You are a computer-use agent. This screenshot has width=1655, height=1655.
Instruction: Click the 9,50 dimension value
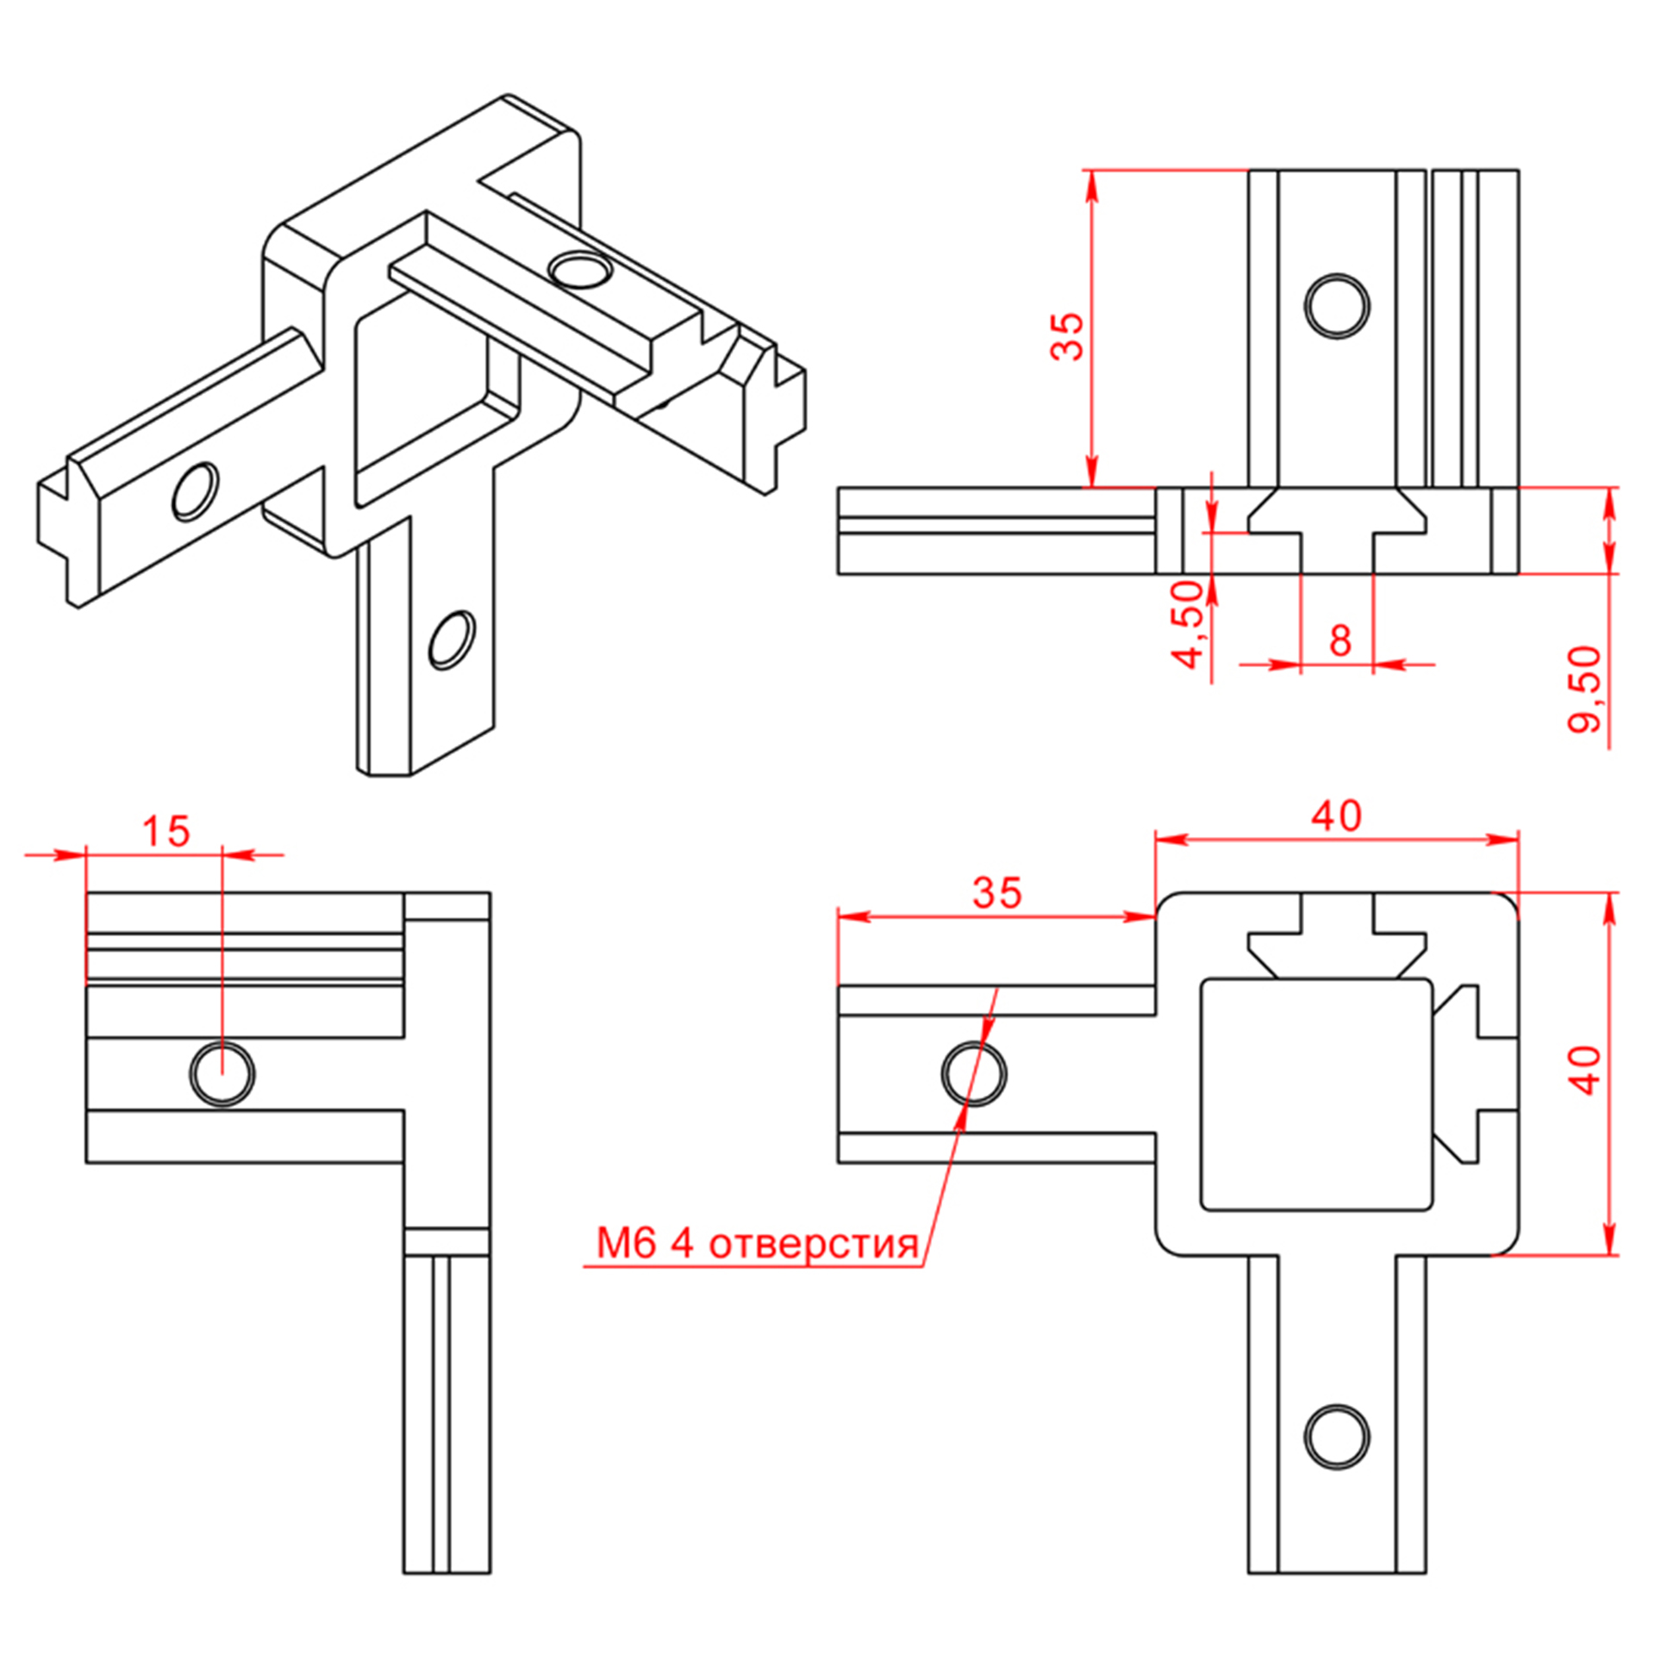(x=1583, y=689)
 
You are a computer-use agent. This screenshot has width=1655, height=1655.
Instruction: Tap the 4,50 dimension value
(x=1190, y=624)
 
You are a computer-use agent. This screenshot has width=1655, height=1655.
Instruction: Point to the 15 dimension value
(x=165, y=832)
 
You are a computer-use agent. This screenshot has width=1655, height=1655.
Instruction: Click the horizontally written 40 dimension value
(x=1336, y=816)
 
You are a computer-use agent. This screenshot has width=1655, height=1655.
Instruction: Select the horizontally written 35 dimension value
(x=996, y=894)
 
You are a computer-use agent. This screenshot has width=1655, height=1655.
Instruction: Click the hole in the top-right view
(x=1336, y=306)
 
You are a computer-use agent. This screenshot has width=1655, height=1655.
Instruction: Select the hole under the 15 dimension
(x=222, y=1074)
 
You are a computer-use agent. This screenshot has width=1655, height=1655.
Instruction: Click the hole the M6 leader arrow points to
(x=974, y=1074)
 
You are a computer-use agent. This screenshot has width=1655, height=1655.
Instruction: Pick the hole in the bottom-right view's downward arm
(x=1336, y=1437)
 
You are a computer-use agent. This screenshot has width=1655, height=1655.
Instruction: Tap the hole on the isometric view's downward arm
(x=452, y=640)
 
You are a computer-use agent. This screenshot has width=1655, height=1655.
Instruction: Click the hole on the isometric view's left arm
(x=196, y=491)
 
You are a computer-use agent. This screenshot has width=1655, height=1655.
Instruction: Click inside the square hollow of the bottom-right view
(x=1315, y=1095)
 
